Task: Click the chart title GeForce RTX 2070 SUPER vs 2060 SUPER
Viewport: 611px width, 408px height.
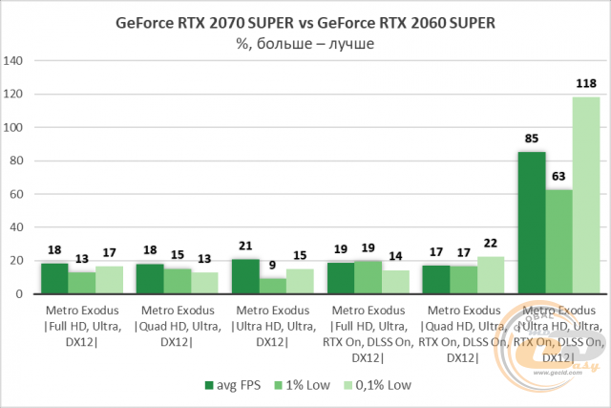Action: tap(305, 21)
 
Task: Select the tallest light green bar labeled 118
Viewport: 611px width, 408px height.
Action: tap(586, 196)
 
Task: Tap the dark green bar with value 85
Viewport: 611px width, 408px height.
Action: tap(532, 223)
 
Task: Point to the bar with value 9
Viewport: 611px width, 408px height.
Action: tap(272, 286)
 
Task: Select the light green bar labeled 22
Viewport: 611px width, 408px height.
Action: tap(491, 275)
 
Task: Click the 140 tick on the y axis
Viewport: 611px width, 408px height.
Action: tap(14, 61)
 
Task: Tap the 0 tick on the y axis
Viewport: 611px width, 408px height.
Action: tap(20, 294)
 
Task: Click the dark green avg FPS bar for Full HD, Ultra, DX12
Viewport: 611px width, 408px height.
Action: tap(54, 278)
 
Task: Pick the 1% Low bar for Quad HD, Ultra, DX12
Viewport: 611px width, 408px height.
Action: tap(177, 281)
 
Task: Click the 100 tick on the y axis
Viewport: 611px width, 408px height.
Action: tap(14, 128)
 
